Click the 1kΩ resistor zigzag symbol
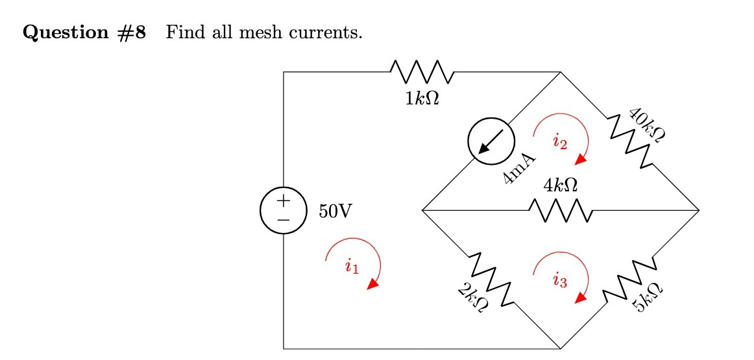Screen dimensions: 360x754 422,72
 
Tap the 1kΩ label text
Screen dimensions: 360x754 422,99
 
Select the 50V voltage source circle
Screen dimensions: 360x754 284,211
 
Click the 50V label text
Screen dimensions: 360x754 335,211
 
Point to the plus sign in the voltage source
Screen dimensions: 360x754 284,201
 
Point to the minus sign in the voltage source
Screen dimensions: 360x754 284,221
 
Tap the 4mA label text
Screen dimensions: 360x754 519,170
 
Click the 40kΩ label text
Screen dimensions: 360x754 649,126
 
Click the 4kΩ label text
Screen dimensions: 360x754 561,186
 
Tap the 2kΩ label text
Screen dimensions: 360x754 471,298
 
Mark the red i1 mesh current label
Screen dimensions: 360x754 352,265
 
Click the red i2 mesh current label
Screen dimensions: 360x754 560,142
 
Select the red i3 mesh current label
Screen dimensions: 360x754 560,281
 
